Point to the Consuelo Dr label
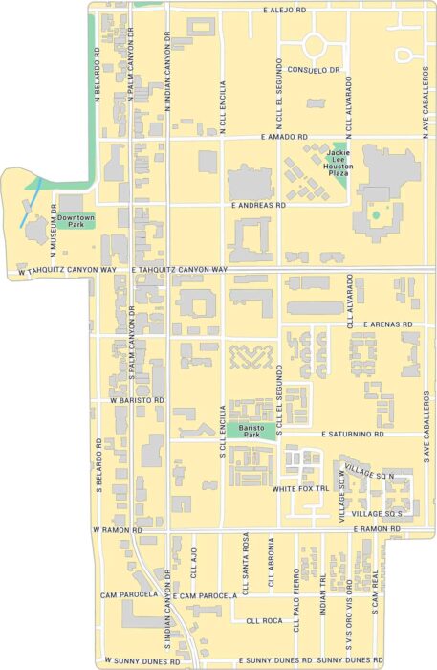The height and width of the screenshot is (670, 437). click(315, 70)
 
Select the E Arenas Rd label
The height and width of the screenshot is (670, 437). click(388, 325)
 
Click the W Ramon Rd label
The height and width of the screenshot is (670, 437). click(117, 529)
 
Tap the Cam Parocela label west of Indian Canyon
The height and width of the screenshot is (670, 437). click(128, 595)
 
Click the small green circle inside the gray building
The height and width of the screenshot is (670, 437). click(376, 214)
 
